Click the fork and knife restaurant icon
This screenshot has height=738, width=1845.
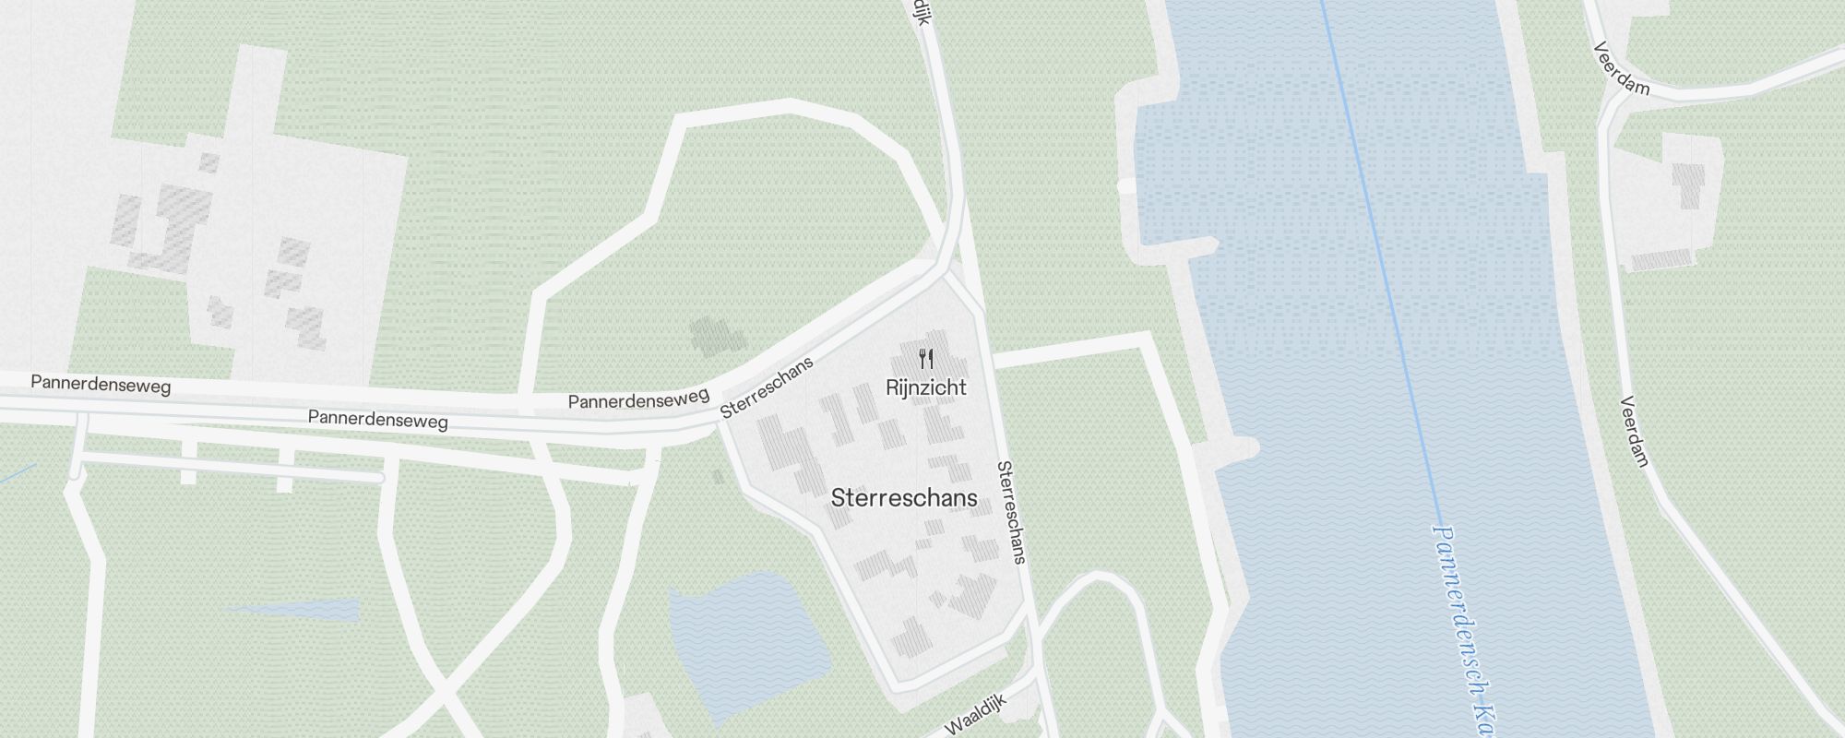[x=926, y=359]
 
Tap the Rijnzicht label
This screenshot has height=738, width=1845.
[x=925, y=387]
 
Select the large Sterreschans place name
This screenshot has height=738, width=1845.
[x=903, y=498]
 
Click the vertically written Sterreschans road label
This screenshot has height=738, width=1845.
[x=1011, y=511]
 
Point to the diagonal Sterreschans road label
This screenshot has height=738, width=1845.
[x=767, y=387]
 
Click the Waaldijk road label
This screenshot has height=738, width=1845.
[x=974, y=715]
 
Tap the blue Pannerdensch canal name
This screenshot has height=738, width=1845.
[x=1462, y=627]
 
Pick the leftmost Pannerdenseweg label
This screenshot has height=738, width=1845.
[x=101, y=384]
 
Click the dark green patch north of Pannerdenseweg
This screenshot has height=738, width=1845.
[x=717, y=336]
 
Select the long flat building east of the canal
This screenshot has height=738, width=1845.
[x=1660, y=259]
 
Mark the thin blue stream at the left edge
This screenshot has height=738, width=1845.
[x=17, y=474]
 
